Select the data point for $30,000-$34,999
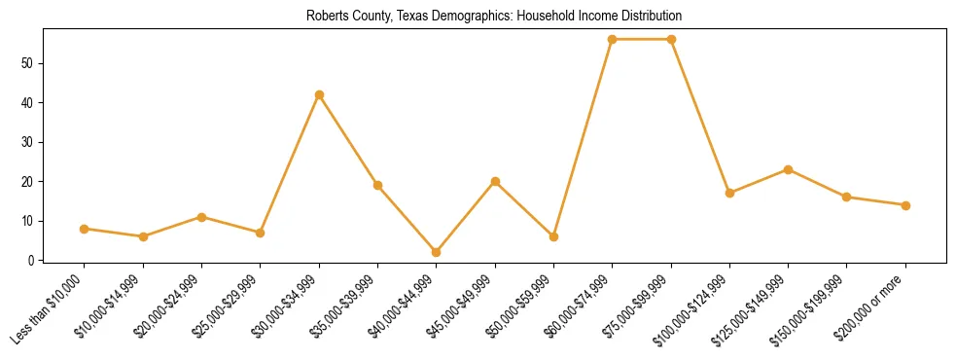click(319, 94)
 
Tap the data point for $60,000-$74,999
click(612, 39)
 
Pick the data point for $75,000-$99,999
click(671, 39)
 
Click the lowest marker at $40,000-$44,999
click(436, 252)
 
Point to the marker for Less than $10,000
click(85, 229)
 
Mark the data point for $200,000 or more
click(905, 205)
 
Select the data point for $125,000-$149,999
click(788, 169)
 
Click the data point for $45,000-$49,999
click(495, 181)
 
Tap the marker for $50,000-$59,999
click(553, 236)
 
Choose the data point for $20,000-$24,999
click(201, 217)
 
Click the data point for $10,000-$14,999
click(143, 236)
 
